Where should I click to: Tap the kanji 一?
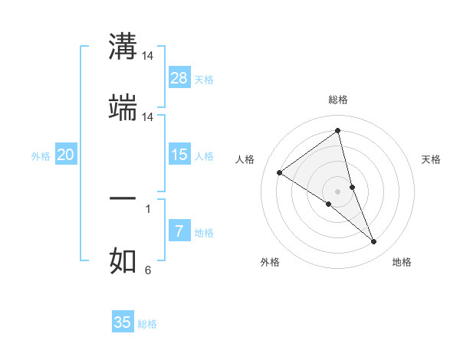(123, 198)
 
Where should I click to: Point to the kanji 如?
(123, 260)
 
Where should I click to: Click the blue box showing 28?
(179, 77)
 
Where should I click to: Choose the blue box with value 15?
(179, 155)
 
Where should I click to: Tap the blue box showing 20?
(66, 155)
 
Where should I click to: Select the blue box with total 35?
(123, 322)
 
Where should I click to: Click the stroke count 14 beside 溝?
(148, 56)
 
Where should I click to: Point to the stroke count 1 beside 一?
(148, 208)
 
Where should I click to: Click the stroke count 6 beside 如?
(148, 270)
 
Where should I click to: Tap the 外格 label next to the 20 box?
(41, 155)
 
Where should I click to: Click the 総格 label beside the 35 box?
(147, 323)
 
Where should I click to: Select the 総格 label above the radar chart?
(338, 100)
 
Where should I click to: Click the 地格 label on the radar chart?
(402, 262)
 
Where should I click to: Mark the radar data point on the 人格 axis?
(280, 172)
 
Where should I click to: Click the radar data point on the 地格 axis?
(374, 242)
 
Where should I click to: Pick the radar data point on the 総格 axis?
(338, 131)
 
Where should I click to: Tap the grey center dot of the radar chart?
(338, 191)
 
